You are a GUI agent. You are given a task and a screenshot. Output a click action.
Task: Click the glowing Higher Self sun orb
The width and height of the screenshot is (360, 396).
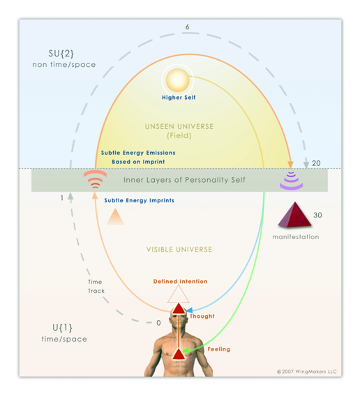pos(178,79)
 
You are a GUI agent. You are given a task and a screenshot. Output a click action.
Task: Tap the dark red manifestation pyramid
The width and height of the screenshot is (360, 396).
pos(294,215)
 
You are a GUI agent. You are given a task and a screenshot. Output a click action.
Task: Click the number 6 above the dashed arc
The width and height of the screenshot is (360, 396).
pos(187,26)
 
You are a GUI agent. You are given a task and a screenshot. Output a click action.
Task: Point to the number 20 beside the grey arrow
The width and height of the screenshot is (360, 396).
pos(316,163)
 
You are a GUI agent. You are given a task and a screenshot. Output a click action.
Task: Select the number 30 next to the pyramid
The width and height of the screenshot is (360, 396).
pos(317,215)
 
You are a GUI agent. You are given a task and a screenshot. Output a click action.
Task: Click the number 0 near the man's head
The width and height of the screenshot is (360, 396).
pos(158,323)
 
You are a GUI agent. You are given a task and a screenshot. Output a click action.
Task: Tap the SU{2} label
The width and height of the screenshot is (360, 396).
pos(61,54)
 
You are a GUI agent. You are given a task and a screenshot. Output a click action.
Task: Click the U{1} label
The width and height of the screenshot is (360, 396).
pos(62,328)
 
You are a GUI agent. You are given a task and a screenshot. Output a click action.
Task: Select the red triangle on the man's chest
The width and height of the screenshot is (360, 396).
pos(179,354)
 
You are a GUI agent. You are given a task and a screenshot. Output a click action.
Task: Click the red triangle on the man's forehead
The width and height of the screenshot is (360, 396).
pos(179,309)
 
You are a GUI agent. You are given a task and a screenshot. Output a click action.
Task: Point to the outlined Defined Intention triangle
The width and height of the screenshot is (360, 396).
pos(178,296)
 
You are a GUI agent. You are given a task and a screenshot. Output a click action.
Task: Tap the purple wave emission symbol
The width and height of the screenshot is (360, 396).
pos(291,181)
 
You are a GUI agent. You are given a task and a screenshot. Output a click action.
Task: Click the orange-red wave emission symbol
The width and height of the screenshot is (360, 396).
pos(95,179)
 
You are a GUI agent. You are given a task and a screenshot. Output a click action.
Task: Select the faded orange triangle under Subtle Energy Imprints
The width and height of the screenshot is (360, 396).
pos(115,217)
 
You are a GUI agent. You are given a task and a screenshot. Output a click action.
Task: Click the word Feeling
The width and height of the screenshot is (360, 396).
pos(219,349)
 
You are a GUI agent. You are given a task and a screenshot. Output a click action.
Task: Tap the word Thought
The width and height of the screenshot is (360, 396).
pos(202,317)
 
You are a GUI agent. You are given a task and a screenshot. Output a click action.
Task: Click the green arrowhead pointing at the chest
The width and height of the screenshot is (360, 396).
pos(186,351)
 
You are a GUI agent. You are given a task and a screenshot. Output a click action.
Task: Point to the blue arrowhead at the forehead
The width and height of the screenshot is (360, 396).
pos(189,310)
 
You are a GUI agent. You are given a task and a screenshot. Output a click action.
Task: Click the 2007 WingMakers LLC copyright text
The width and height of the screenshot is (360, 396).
pos(307,372)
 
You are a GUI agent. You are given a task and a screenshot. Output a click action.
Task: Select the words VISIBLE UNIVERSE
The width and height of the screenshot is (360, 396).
pos(179,250)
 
